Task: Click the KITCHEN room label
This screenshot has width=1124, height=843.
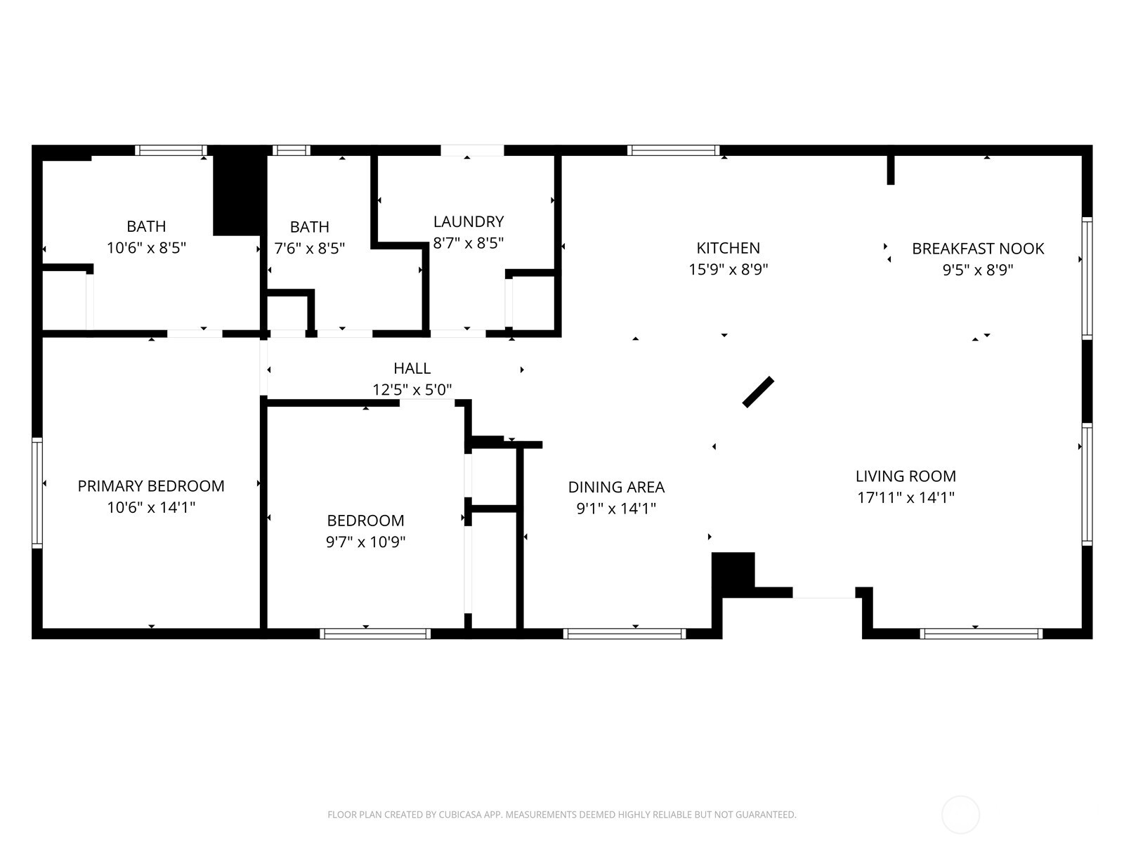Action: [728, 248]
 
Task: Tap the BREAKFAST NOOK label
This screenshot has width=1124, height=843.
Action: [977, 249]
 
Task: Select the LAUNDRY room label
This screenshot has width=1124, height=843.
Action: [469, 222]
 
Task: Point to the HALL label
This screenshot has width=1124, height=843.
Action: [412, 368]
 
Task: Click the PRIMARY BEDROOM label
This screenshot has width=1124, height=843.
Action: [151, 486]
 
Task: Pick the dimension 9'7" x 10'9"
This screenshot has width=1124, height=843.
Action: [365, 542]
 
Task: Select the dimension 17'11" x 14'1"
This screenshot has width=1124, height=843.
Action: [906, 498]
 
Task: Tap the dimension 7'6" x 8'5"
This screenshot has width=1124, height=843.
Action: [309, 249]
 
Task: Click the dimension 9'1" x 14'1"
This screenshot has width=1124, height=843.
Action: [616, 509]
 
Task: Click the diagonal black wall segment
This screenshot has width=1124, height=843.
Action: [758, 392]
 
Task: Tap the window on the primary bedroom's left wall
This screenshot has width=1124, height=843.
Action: [37, 492]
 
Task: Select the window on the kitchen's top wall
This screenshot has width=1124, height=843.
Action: [673, 150]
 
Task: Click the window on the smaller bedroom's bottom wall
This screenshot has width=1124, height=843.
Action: [375, 634]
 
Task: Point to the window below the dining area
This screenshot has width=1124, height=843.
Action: [625, 634]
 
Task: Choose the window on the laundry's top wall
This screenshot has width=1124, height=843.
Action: [472, 150]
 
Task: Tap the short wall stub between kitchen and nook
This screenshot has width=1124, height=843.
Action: [891, 169]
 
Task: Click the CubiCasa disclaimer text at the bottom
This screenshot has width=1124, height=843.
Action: [561, 815]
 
